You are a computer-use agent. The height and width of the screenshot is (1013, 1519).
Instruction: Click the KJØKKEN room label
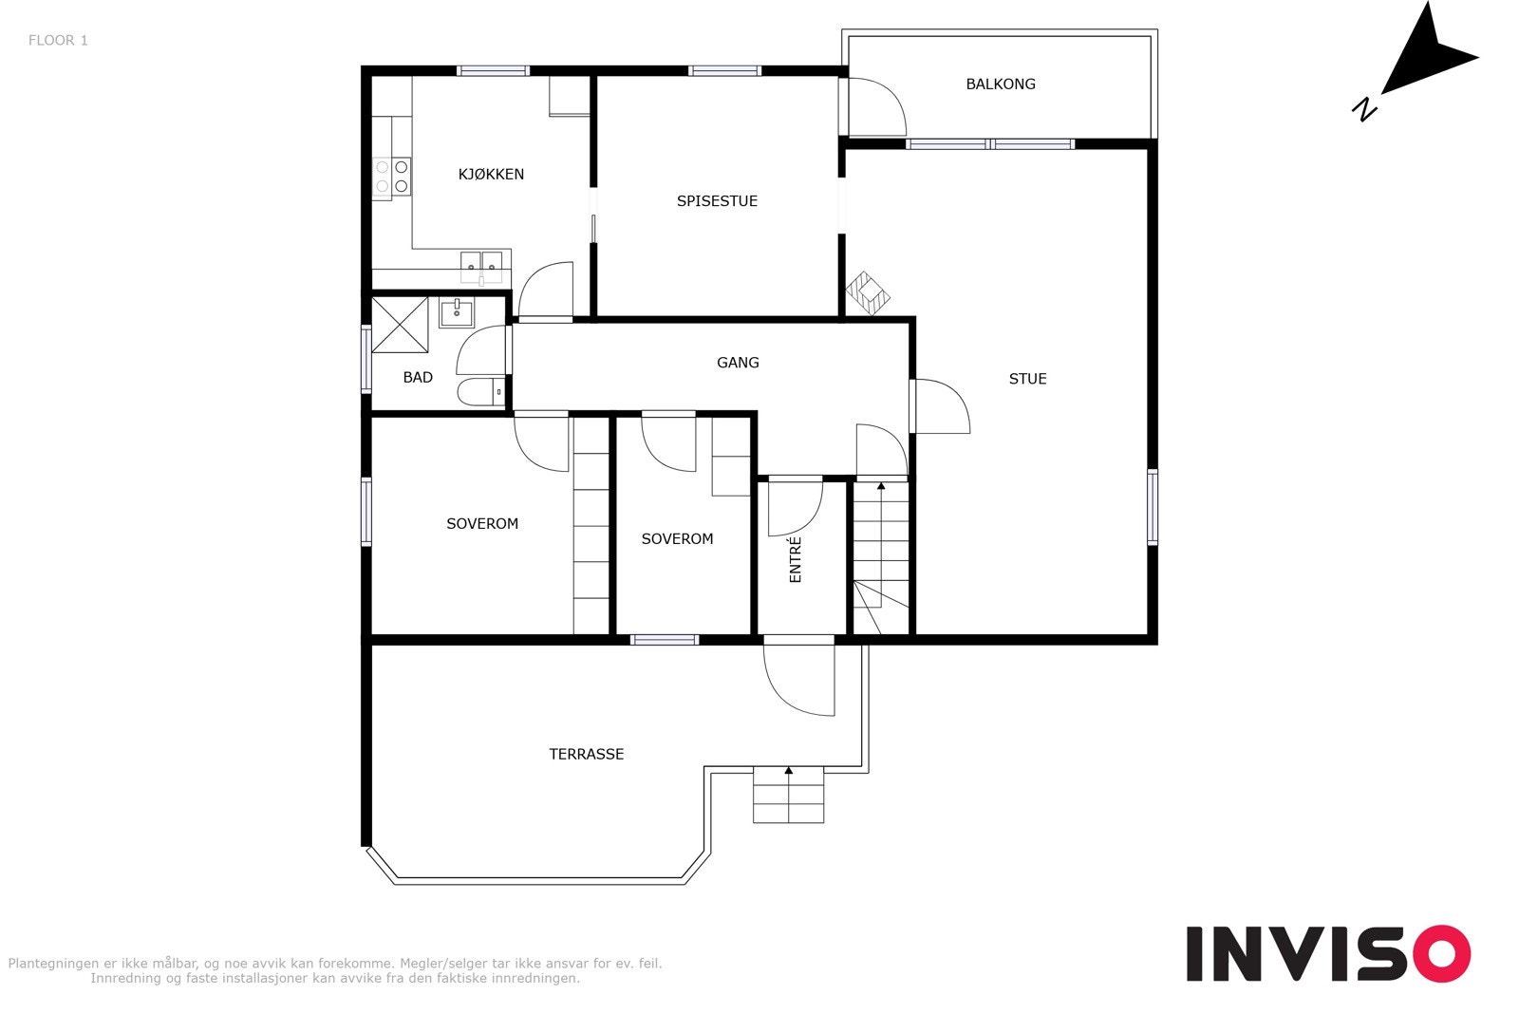coord(491,175)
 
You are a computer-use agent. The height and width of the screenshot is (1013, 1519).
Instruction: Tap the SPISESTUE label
coord(717,200)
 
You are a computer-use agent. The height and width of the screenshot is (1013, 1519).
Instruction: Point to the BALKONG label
coord(1001,84)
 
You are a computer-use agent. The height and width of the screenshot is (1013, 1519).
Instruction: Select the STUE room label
coord(1027,379)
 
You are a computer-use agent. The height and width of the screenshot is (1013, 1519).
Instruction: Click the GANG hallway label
coord(738,363)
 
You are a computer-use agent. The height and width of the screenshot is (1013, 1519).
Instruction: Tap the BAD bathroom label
coord(418,378)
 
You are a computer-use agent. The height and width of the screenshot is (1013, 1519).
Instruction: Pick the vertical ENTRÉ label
coord(796,559)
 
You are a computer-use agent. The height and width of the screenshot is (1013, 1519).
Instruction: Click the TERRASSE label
coord(586,754)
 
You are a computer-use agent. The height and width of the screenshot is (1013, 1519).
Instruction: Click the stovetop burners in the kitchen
coord(392,177)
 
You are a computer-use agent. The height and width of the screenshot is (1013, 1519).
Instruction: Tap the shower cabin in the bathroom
coord(400,325)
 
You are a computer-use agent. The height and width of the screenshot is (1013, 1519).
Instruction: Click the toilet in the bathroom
coord(480,392)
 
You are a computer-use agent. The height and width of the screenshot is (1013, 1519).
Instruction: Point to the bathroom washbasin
coord(457,312)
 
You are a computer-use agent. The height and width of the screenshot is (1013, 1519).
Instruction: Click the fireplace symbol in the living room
coord(868,293)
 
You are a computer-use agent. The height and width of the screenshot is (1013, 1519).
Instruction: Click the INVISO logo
coord(1328,953)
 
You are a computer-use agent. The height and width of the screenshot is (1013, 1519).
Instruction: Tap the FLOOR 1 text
coord(58,41)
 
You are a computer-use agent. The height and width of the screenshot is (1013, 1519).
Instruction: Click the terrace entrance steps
coord(788,795)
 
